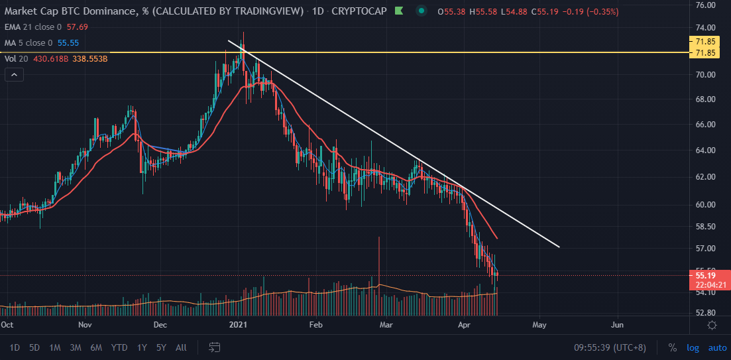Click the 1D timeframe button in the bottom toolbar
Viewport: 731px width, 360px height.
[x=15, y=347]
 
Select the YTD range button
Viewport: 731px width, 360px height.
[x=119, y=347]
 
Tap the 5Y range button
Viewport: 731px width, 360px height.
[x=161, y=347]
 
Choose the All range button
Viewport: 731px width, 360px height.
[x=181, y=347]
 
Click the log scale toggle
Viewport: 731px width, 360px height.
[x=693, y=347]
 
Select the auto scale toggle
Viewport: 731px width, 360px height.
[x=717, y=347]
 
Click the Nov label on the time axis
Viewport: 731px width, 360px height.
[x=85, y=325]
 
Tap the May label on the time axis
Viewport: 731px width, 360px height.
[x=539, y=325]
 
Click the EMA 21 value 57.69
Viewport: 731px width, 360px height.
[x=78, y=27]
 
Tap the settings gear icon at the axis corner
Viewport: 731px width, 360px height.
[x=712, y=325]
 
